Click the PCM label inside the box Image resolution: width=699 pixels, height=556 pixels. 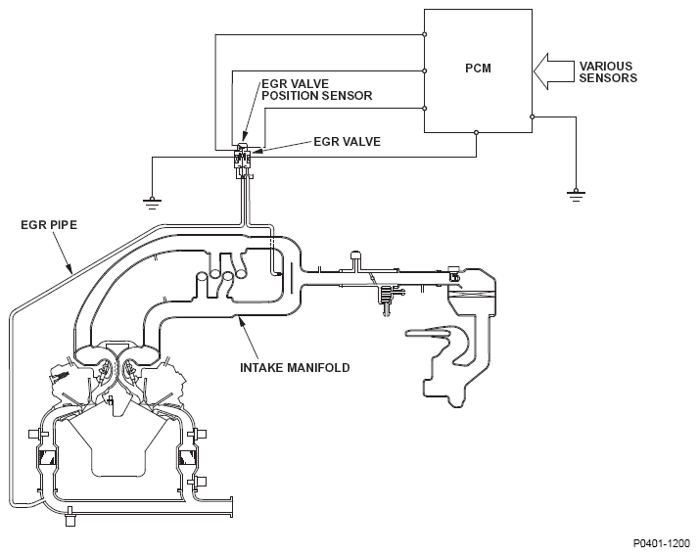click(x=478, y=69)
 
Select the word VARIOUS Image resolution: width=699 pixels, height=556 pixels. click(x=605, y=66)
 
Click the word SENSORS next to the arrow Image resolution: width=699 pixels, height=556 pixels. click(x=608, y=78)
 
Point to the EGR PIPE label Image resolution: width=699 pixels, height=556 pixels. click(x=49, y=225)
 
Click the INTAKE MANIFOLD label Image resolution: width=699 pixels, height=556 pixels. click(x=295, y=368)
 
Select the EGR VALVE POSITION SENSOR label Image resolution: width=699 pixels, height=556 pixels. click(x=316, y=90)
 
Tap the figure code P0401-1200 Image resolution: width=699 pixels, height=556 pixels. click(x=662, y=543)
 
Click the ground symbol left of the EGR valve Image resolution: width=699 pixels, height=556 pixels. click(x=152, y=204)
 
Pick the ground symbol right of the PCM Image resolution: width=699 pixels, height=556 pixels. click(x=576, y=196)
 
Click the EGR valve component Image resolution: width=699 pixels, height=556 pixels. click(x=243, y=160)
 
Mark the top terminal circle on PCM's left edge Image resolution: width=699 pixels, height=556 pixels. click(x=425, y=34)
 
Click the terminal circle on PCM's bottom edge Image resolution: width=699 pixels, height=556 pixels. click(x=476, y=132)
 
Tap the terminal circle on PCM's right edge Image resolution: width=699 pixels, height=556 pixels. click(x=532, y=116)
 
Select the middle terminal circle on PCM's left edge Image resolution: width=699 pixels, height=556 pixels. click(x=425, y=70)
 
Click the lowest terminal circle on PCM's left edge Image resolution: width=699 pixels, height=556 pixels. click(x=425, y=109)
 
